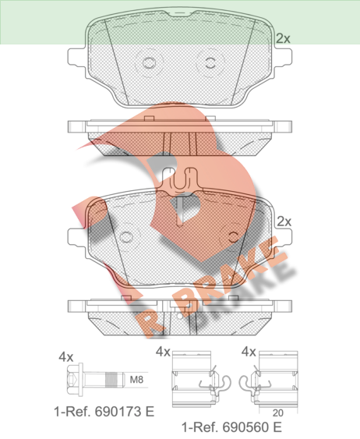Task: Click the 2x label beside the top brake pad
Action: pyautogui.click(x=283, y=38)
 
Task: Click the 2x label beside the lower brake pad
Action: pyautogui.click(x=284, y=221)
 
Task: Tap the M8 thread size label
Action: pyautogui.click(x=136, y=380)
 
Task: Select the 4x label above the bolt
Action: pyautogui.click(x=66, y=357)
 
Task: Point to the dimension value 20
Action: pyautogui.click(x=277, y=413)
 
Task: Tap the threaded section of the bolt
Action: pyautogui.click(x=110, y=380)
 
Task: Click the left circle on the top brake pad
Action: pyautogui.click(x=149, y=62)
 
